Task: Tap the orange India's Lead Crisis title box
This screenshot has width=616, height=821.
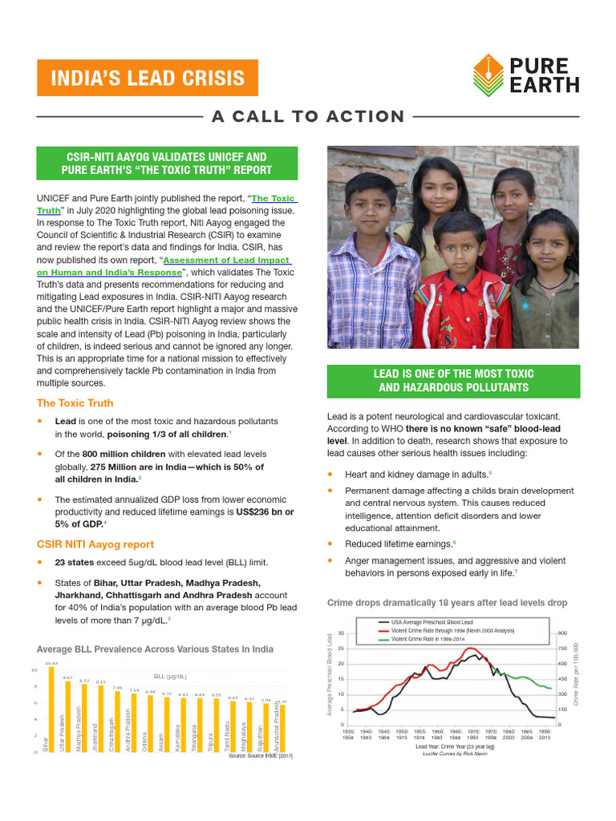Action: [148, 78]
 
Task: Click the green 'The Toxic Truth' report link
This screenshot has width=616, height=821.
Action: [273, 197]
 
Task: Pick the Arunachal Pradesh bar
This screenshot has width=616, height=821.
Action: [282, 728]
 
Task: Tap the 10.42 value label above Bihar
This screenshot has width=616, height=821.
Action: [51, 663]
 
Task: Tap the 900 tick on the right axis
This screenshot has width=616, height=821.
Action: [562, 633]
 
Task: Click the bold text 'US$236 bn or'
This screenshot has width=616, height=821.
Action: [264, 512]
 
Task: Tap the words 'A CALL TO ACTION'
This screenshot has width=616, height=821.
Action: [308, 117]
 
